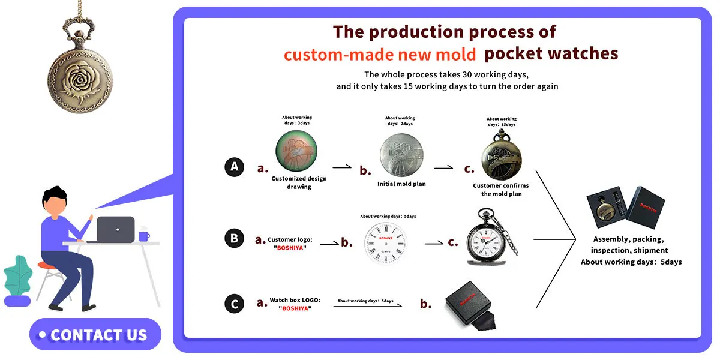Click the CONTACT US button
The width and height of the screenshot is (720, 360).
click(95, 334)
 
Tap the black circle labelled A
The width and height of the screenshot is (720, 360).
click(235, 167)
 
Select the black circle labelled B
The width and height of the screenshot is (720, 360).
click(235, 238)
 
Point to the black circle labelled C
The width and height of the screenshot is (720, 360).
click(235, 304)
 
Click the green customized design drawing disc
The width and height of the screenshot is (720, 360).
click(296, 151)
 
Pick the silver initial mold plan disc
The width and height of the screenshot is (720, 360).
click(401, 155)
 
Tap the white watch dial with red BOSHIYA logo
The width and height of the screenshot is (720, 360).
click(386, 244)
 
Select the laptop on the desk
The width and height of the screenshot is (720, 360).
click(113, 229)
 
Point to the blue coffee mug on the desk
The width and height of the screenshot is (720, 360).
click(144, 236)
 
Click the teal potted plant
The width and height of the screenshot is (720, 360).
click(18, 276)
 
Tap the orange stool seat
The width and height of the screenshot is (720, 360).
click(47, 265)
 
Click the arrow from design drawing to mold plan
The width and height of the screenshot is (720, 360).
click(342, 167)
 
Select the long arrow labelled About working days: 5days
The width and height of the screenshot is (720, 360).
click(367, 306)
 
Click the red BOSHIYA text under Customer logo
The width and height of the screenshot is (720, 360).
click(290, 248)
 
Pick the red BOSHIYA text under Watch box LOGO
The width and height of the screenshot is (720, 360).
click(295, 308)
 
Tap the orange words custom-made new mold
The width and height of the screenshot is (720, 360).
click(380, 55)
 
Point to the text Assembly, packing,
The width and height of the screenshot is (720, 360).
click(628, 239)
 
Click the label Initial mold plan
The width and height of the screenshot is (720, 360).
click(401, 184)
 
